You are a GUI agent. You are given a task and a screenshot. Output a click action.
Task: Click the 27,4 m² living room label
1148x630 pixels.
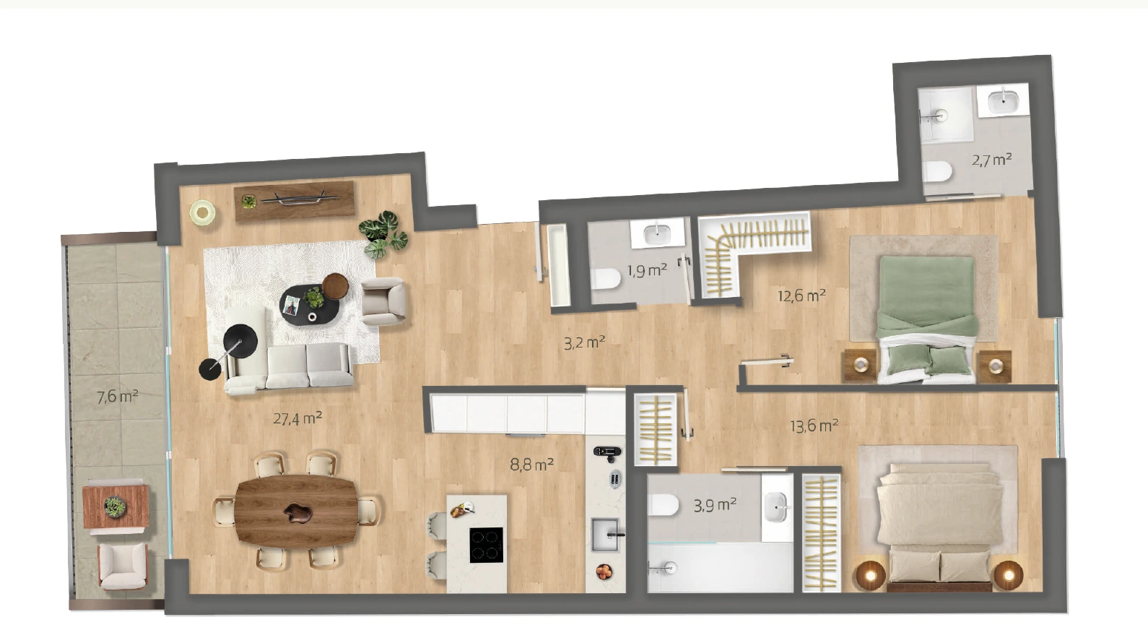pos(297,418)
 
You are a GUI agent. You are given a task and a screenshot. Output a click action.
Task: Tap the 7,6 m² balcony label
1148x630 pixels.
pos(118,397)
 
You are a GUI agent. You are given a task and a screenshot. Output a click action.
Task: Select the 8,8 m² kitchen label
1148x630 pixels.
pos(531,465)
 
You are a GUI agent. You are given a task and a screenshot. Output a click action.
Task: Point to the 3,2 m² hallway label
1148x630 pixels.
pos(584,342)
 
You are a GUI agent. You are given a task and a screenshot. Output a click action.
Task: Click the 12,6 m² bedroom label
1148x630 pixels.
pos(801,295)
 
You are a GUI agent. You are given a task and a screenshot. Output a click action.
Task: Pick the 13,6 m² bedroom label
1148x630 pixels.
pos(814,426)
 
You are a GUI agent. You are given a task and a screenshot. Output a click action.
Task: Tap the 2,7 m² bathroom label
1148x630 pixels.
pos(992,160)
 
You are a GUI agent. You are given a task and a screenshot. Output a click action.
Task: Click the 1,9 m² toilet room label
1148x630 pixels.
pos(648,270)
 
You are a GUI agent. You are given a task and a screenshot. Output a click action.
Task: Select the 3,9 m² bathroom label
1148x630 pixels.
pos(715,505)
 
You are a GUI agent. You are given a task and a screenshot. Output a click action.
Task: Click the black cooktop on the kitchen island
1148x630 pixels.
pos(486,545)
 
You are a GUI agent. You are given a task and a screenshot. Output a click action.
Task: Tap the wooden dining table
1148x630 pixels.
pos(296,511)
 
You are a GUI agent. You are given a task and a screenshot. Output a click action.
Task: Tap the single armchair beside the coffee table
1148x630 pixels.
pos(384,302)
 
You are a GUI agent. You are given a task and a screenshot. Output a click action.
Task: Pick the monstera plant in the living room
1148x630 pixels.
pos(383,235)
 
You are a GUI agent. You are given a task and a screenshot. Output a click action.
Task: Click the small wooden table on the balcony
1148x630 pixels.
pos(116,507)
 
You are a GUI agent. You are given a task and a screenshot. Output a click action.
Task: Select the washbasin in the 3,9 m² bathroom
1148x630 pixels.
pos(776,506)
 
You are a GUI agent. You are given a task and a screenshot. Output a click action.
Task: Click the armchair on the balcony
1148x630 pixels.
pos(123,566)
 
